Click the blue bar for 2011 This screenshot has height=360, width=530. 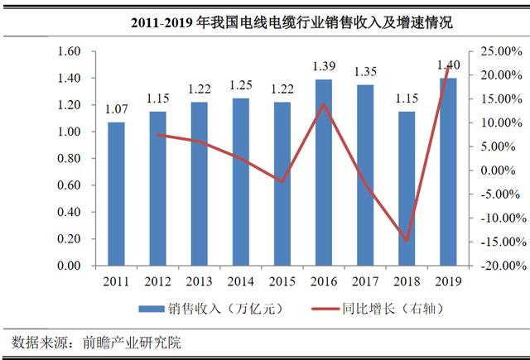point(116,194)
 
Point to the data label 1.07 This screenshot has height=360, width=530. point(116,109)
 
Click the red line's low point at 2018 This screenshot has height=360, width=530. point(406,241)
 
